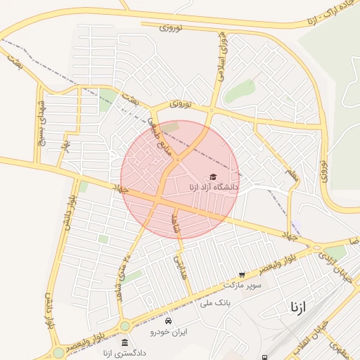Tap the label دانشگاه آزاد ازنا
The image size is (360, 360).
tap(214, 188)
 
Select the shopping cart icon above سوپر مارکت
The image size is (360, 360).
tap(243, 275)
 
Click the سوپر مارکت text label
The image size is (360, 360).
tap(243, 285)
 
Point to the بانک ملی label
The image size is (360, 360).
tap(215, 302)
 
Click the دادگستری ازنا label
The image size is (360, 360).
tap(124, 353)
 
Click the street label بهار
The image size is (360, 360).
tap(65, 145)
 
